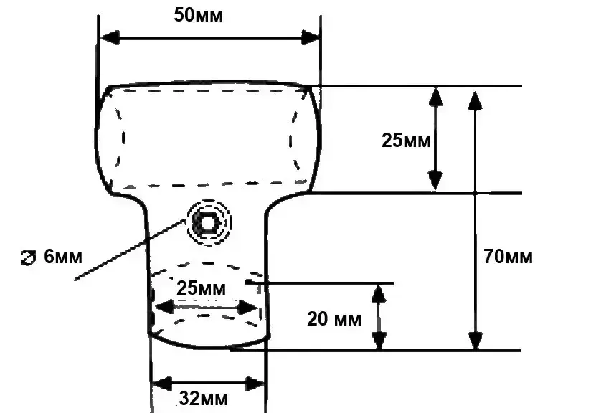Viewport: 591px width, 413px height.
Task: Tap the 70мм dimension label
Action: pyautogui.click(x=508, y=257)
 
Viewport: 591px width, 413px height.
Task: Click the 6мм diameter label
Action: pyautogui.click(x=64, y=256)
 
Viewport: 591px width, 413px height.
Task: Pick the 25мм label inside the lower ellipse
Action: pyautogui.click(x=202, y=290)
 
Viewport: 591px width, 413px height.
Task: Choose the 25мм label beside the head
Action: pyautogui.click(x=406, y=140)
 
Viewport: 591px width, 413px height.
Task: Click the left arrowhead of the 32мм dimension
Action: pyautogui.click(x=160, y=384)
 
